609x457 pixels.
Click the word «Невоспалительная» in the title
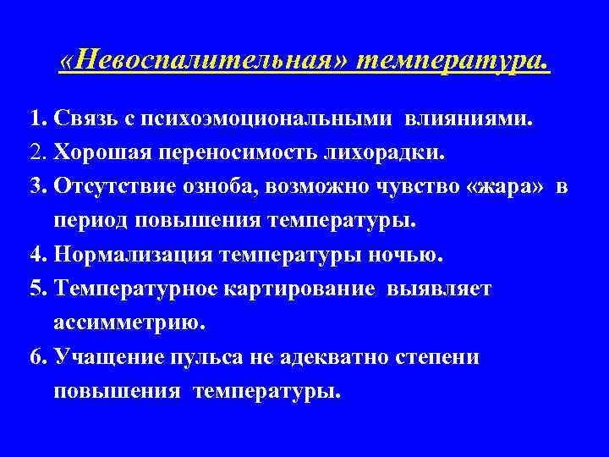click(206, 61)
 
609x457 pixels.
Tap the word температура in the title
click(453, 61)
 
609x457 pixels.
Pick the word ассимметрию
click(129, 322)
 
